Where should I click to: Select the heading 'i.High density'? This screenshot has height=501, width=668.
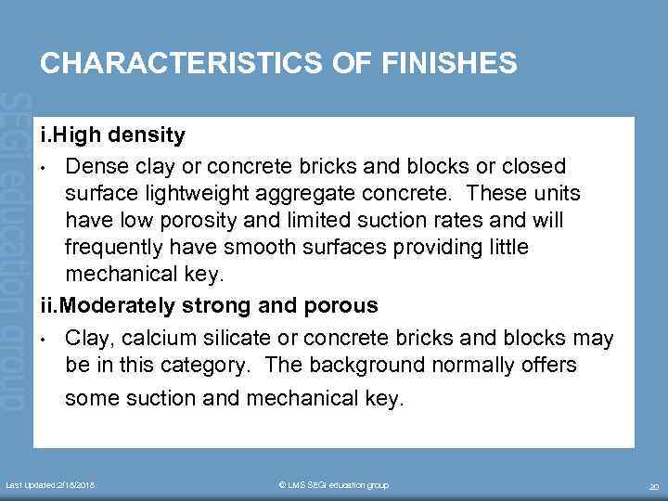112,135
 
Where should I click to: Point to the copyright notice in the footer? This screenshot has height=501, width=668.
333,485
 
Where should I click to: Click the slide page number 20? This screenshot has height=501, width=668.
652,486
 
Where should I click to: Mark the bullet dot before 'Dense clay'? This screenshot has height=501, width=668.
44,167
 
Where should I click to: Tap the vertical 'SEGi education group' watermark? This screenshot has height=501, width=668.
15,250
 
